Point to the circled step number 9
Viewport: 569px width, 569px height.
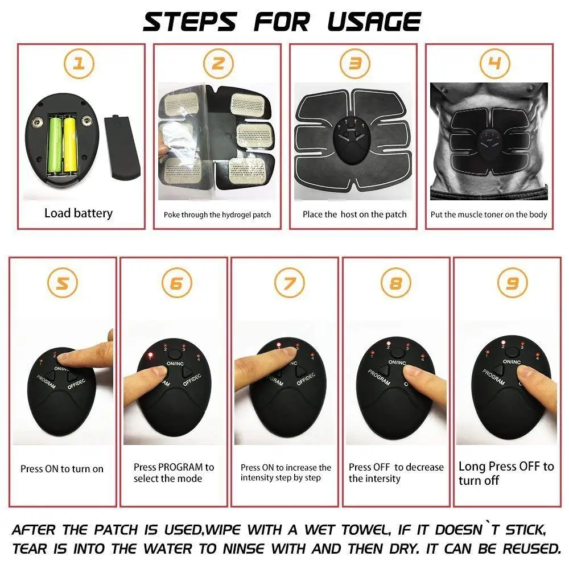click(x=508, y=283)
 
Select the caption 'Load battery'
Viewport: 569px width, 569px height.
click(x=79, y=213)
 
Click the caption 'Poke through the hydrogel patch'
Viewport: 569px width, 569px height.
click(x=217, y=215)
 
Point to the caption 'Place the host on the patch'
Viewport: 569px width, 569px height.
click(x=354, y=215)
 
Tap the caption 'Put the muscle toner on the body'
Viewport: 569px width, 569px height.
click(x=489, y=215)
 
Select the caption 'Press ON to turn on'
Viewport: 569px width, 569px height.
click(x=62, y=469)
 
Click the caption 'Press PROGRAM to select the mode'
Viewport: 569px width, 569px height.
click(x=173, y=473)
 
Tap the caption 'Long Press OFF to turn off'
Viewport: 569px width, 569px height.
click(x=506, y=473)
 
